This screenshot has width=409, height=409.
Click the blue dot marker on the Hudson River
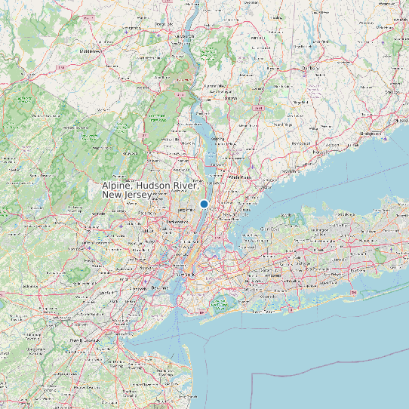[x=204, y=204]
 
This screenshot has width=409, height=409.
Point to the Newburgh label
[x=185, y=35]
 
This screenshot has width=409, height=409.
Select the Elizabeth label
[x=140, y=288]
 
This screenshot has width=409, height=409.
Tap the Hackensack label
[x=178, y=222]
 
